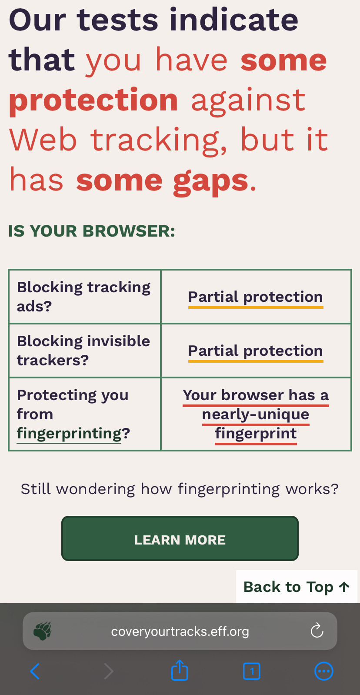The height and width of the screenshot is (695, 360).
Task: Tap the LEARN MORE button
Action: [180, 538]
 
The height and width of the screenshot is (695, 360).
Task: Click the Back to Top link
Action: [297, 587]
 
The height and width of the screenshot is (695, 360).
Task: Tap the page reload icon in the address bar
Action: [317, 631]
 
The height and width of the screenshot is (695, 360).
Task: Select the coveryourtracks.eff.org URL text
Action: [180, 632]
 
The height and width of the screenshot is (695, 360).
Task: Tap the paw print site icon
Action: [42, 631]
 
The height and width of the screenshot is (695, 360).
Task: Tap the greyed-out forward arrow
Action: [109, 671]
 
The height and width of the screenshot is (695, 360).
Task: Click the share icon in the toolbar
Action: [180, 670]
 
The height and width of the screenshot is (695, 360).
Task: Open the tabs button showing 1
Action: [251, 671]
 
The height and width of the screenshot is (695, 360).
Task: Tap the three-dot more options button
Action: [324, 671]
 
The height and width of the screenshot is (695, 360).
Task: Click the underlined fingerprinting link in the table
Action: [69, 434]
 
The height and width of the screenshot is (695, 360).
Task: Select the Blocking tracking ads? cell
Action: [85, 297]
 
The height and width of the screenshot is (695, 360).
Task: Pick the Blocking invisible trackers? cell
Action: [85, 351]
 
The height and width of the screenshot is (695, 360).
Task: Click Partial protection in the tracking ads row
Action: [256, 297]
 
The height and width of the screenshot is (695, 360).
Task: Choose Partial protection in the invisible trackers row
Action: [256, 351]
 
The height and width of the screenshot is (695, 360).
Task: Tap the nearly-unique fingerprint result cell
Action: [256, 414]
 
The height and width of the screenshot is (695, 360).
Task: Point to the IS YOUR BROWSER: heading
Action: [92, 231]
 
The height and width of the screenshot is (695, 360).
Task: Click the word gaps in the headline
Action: [210, 181]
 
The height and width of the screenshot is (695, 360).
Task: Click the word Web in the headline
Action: [43, 140]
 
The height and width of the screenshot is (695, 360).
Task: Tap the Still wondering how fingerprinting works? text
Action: [180, 489]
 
